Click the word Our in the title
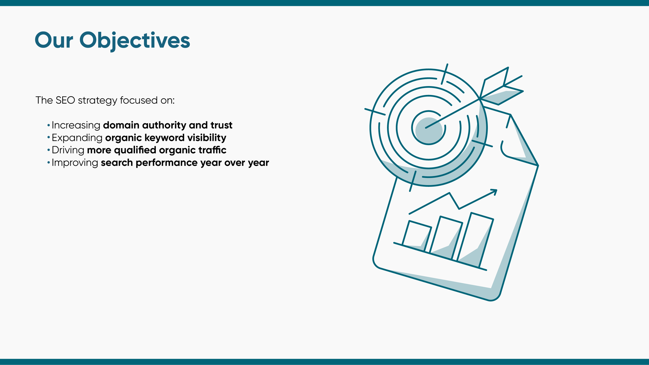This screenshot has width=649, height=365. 54,40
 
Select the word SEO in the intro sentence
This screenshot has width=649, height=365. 65,100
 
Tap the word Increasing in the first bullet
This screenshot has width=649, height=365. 76,125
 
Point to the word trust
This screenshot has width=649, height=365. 221,125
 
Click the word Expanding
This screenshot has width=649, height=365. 77,137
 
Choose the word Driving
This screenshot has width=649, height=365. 68,150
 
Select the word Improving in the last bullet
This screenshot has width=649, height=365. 75,163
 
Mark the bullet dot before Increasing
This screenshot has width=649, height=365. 48,126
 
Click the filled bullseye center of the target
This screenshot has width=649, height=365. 429,130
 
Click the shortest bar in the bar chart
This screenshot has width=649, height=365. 416,236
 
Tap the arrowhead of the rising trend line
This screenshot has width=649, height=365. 495,191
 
